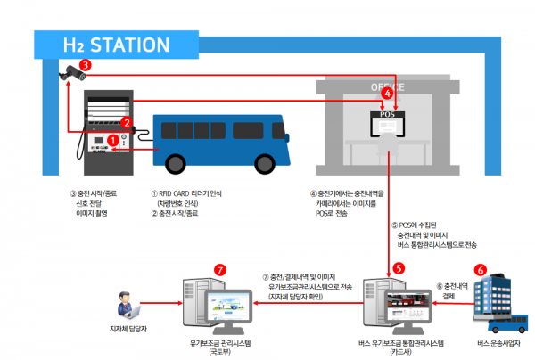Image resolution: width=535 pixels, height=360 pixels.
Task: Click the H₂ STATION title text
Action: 115,45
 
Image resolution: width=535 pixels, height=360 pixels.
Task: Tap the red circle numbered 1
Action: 113,140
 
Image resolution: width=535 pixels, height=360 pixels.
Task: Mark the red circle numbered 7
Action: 220,269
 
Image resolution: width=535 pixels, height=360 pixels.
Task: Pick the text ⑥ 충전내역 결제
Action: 454,290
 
